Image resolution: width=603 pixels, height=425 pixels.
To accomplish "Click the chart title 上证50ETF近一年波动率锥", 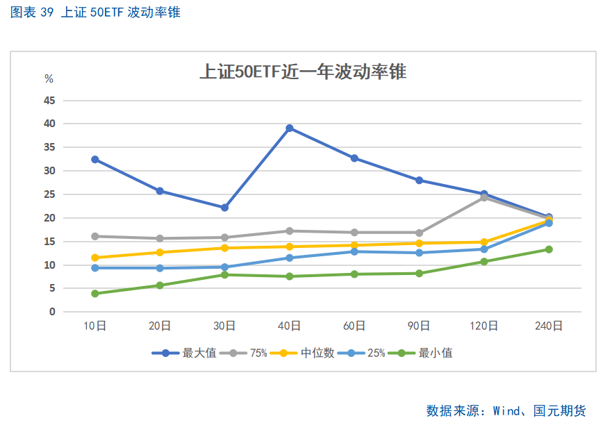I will (302, 72).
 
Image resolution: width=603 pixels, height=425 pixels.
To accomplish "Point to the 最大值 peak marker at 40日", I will (290, 128).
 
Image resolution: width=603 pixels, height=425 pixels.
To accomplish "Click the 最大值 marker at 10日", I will (95, 160).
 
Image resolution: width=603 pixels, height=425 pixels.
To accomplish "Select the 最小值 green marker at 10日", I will (95, 294).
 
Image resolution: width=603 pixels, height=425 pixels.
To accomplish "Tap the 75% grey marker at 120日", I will (484, 198).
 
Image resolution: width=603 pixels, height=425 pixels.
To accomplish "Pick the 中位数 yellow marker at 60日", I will (354, 245).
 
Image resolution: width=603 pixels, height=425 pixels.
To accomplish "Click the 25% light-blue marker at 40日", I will (290, 258).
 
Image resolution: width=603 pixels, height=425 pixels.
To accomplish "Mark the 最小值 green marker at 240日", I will (549, 249).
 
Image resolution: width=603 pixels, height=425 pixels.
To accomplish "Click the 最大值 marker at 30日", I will (224, 208).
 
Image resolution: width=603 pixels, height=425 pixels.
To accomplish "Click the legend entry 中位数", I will (317, 353).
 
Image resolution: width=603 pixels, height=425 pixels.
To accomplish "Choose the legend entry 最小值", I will (436, 353).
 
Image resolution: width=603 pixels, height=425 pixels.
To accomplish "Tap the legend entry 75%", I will (258, 353).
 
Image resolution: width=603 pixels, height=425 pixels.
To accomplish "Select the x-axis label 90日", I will (419, 326).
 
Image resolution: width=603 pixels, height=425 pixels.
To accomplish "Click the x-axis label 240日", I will (549, 326).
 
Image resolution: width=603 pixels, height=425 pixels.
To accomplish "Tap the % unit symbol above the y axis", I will (49, 78).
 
